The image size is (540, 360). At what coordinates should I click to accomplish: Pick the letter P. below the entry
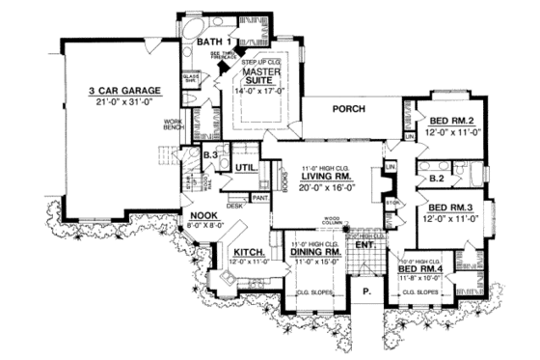(x=367, y=289)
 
